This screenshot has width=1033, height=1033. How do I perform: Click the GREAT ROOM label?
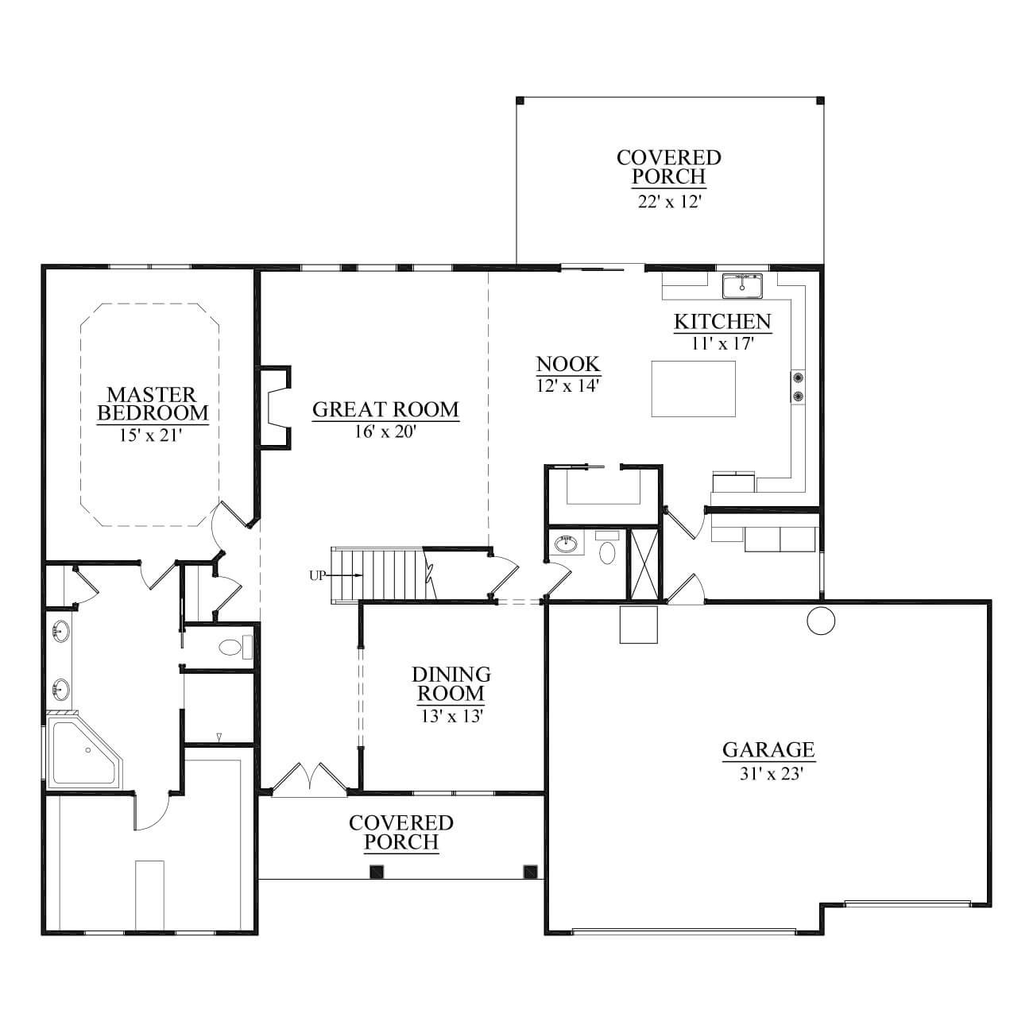[385, 409]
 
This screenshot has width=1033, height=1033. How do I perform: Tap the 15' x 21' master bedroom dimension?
[151, 435]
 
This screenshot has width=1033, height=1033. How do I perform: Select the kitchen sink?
[742, 285]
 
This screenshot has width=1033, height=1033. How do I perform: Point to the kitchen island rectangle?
[693, 389]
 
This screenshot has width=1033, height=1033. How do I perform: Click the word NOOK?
[567, 364]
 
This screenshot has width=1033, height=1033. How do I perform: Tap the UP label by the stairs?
[317, 576]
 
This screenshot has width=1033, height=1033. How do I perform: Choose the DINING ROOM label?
[451, 683]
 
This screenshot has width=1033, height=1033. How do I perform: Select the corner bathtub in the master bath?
[85, 752]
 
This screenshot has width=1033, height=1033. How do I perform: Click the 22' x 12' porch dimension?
[670, 202]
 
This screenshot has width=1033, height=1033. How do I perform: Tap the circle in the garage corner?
[821, 621]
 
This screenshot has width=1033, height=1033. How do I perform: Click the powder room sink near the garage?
[566, 544]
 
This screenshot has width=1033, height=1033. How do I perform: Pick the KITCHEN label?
[722, 322]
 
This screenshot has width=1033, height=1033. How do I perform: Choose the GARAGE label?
[768, 749]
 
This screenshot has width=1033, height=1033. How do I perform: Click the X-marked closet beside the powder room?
[645, 563]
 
